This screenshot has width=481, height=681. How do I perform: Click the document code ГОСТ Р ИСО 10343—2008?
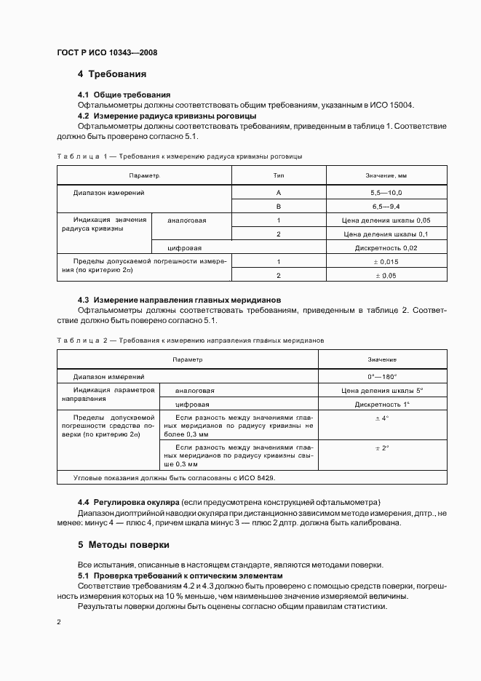(106, 53)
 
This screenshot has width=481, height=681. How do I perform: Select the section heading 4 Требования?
(112, 74)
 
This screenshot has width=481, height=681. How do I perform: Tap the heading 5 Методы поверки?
(124, 544)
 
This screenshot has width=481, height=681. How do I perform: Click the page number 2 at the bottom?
(59, 622)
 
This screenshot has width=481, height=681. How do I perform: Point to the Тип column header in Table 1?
(278, 176)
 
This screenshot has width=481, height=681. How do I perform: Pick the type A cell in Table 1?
(278, 193)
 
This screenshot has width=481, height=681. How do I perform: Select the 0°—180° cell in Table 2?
(382, 377)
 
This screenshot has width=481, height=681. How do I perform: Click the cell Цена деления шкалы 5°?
(382, 391)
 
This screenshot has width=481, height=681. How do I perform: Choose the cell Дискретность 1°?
(382, 405)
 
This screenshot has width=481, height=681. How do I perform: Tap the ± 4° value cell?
(382, 418)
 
